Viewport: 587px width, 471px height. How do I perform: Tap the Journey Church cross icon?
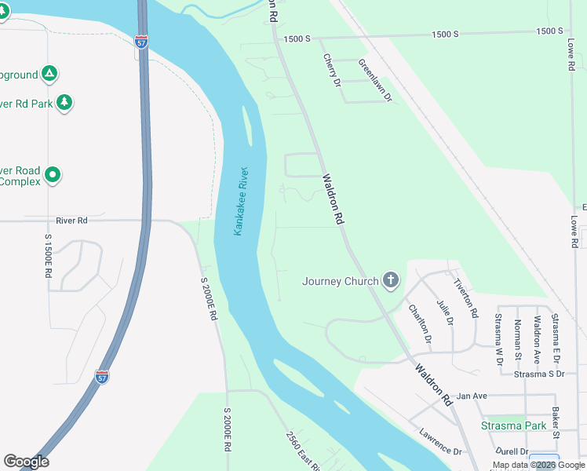point(391,281)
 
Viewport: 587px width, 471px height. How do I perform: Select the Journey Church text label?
point(339,281)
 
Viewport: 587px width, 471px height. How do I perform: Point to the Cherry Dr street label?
point(332,71)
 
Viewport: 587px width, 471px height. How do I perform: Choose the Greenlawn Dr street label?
point(375,81)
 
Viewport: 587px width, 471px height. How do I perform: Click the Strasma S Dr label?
point(539,374)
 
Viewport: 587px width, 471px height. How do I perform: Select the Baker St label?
point(555,422)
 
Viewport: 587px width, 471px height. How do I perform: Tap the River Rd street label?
point(71,221)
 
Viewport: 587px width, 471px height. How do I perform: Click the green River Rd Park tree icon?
point(64,102)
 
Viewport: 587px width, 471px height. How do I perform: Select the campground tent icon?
point(49,74)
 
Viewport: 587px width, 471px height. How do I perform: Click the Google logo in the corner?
point(26,462)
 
